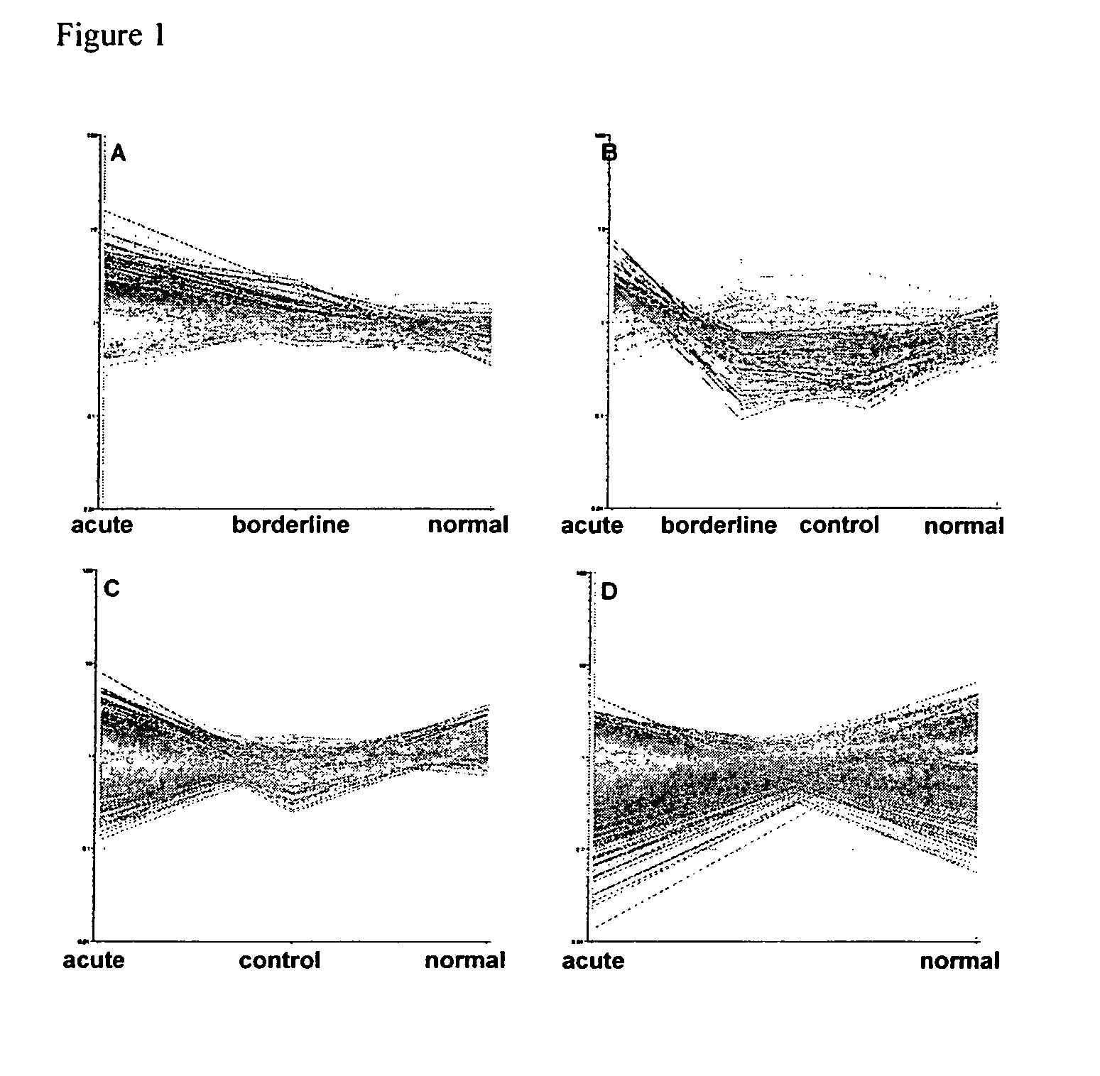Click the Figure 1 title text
(110, 35)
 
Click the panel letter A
(118, 153)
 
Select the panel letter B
(610, 153)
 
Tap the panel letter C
(111, 589)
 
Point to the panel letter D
(609, 592)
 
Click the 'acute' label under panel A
(102, 525)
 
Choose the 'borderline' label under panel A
(290, 525)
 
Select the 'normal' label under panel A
(467, 525)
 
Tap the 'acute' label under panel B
(592, 526)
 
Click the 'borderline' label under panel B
(718, 526)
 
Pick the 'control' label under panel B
(839, 525)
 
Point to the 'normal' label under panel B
(963, 526)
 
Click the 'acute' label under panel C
(94, 960)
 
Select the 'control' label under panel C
(279, 960)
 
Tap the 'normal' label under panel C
(464, 960)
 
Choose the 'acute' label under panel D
(593, 961)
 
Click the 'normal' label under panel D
(959, 961)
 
